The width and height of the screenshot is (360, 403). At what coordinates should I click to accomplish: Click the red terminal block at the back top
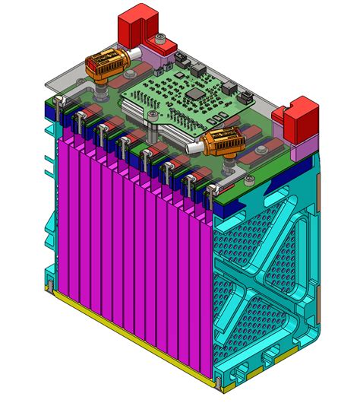click(137, 23)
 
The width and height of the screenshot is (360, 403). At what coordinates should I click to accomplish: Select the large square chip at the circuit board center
click(196, 93)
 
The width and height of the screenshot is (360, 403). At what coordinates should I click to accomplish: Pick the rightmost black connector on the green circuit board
click(247, 97)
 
